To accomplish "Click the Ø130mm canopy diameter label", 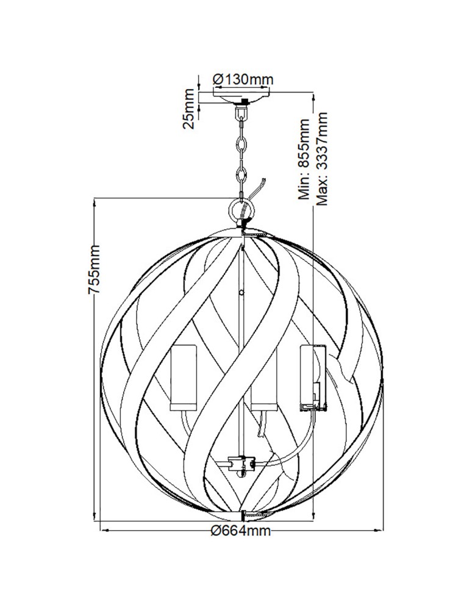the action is click(x=243, y=79).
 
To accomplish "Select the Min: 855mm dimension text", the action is click(x=304, y=159).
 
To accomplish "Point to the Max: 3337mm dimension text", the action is click(x=322, y=159).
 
